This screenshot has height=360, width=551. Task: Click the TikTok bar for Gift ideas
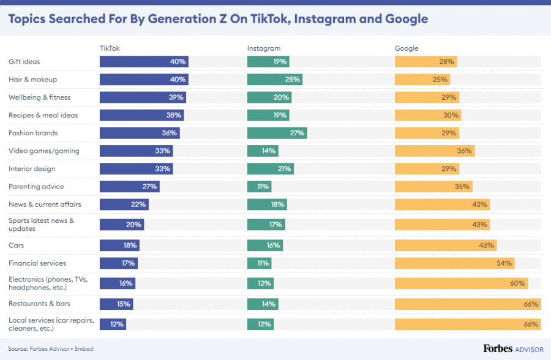pyautogui.click(x=144, y=62)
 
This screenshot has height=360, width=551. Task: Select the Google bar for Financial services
pyautogui.click(x=454, y=263)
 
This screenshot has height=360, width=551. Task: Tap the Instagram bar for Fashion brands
pyautogui.click(x=277, y=133)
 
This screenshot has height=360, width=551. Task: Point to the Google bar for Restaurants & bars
pyautogui.click(x=468, y=304)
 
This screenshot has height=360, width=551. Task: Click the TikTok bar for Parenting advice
pyautogui.click(x=129, y=187)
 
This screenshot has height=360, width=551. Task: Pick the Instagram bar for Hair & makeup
pyautogui.click(x=274, y=80)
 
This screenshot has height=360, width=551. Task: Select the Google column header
pyautogui.click(x=407, y=48)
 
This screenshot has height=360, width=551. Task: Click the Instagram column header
pyautogui.click(x=264, y=48)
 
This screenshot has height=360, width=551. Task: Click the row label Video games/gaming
pyautogui.click(x=44, y=151)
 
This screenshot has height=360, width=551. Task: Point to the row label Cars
pyautogui.click(x=17, y=246)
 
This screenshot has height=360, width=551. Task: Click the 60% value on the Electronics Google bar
pyautogui.click(x=517, y=283)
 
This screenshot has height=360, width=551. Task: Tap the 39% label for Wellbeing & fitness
pyautogui.click(x=176, y=97)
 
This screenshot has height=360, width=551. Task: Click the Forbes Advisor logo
pyautogui.click(x=513, y=348)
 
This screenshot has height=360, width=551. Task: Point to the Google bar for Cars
pyautogui.click(x=445, y=246)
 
